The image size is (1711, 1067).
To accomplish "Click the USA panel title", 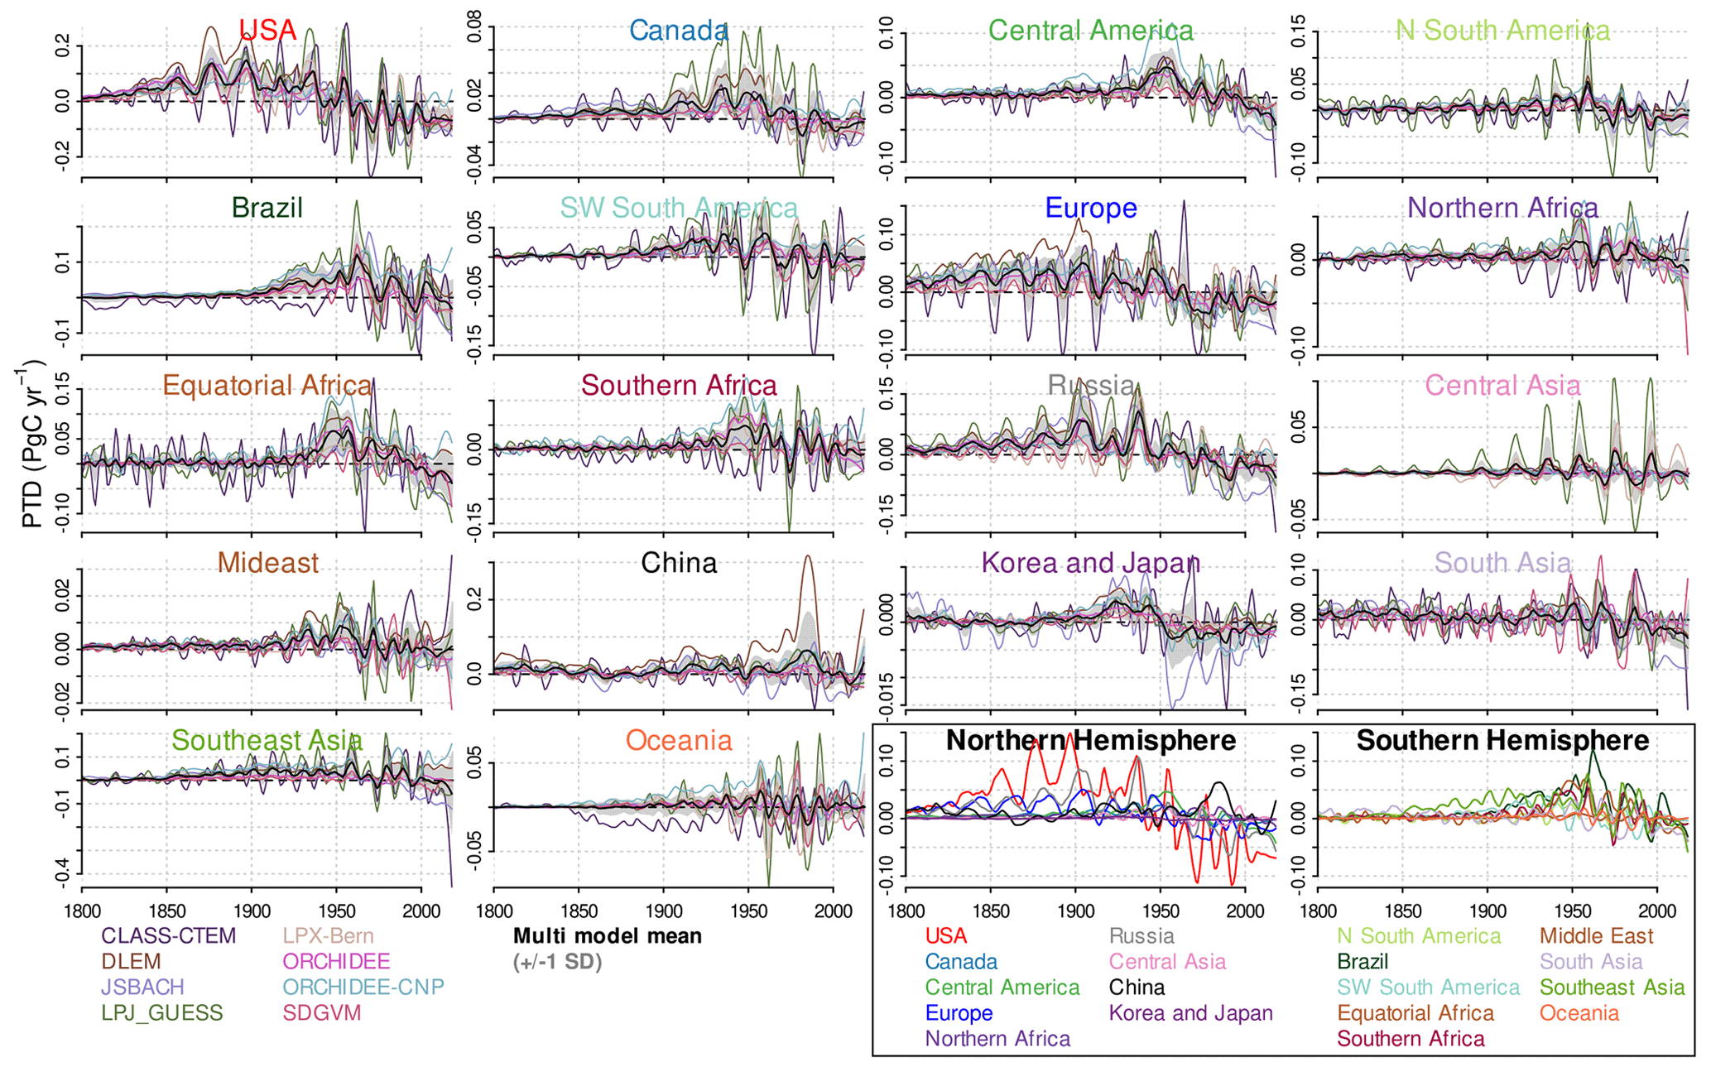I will [x=267, y=31].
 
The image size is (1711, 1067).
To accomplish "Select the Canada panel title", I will [x=679, y=31].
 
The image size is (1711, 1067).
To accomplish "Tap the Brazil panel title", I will [x=267, y=208].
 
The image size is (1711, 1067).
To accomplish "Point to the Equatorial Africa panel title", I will [x=267, y=385].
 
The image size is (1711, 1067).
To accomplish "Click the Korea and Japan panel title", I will [x=1090, y=563].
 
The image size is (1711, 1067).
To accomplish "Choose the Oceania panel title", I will [x=679, y=740].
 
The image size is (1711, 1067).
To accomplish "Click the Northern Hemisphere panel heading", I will [x=1090, y=740].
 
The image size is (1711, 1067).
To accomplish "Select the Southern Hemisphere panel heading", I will [x=1502, y=740].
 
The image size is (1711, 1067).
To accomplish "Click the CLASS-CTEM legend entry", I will [x=168, y=936].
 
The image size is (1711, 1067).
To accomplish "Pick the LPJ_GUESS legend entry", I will [x=161, y=1013].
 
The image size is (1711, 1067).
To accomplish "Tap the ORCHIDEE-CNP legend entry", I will [x=363, y=988].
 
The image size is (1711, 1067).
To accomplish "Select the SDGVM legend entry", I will [x=322, y=1013].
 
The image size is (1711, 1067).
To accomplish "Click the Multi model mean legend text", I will [x=608, y=936].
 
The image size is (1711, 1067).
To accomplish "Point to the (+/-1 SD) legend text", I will [x=557, y=962].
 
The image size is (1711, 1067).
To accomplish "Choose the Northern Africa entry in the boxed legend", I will [x=997, y=1039].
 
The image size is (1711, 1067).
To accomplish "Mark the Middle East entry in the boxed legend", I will [x=1596, y=936].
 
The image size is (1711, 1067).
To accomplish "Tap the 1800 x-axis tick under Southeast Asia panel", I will [x=81, y=911].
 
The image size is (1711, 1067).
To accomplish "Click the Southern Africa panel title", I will [x=679, y=385].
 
